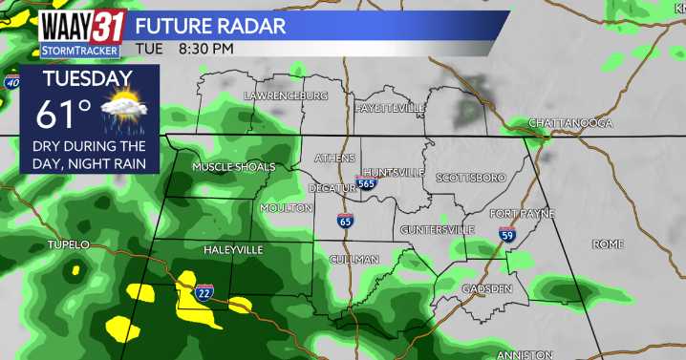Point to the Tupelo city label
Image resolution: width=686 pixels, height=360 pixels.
(68, 245)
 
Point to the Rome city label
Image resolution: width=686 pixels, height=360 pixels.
(607, 244)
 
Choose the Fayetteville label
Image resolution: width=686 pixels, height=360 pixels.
(390, 109)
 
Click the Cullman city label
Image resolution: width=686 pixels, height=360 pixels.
(354, 260)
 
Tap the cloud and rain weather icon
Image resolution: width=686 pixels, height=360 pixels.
(122, 114)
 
